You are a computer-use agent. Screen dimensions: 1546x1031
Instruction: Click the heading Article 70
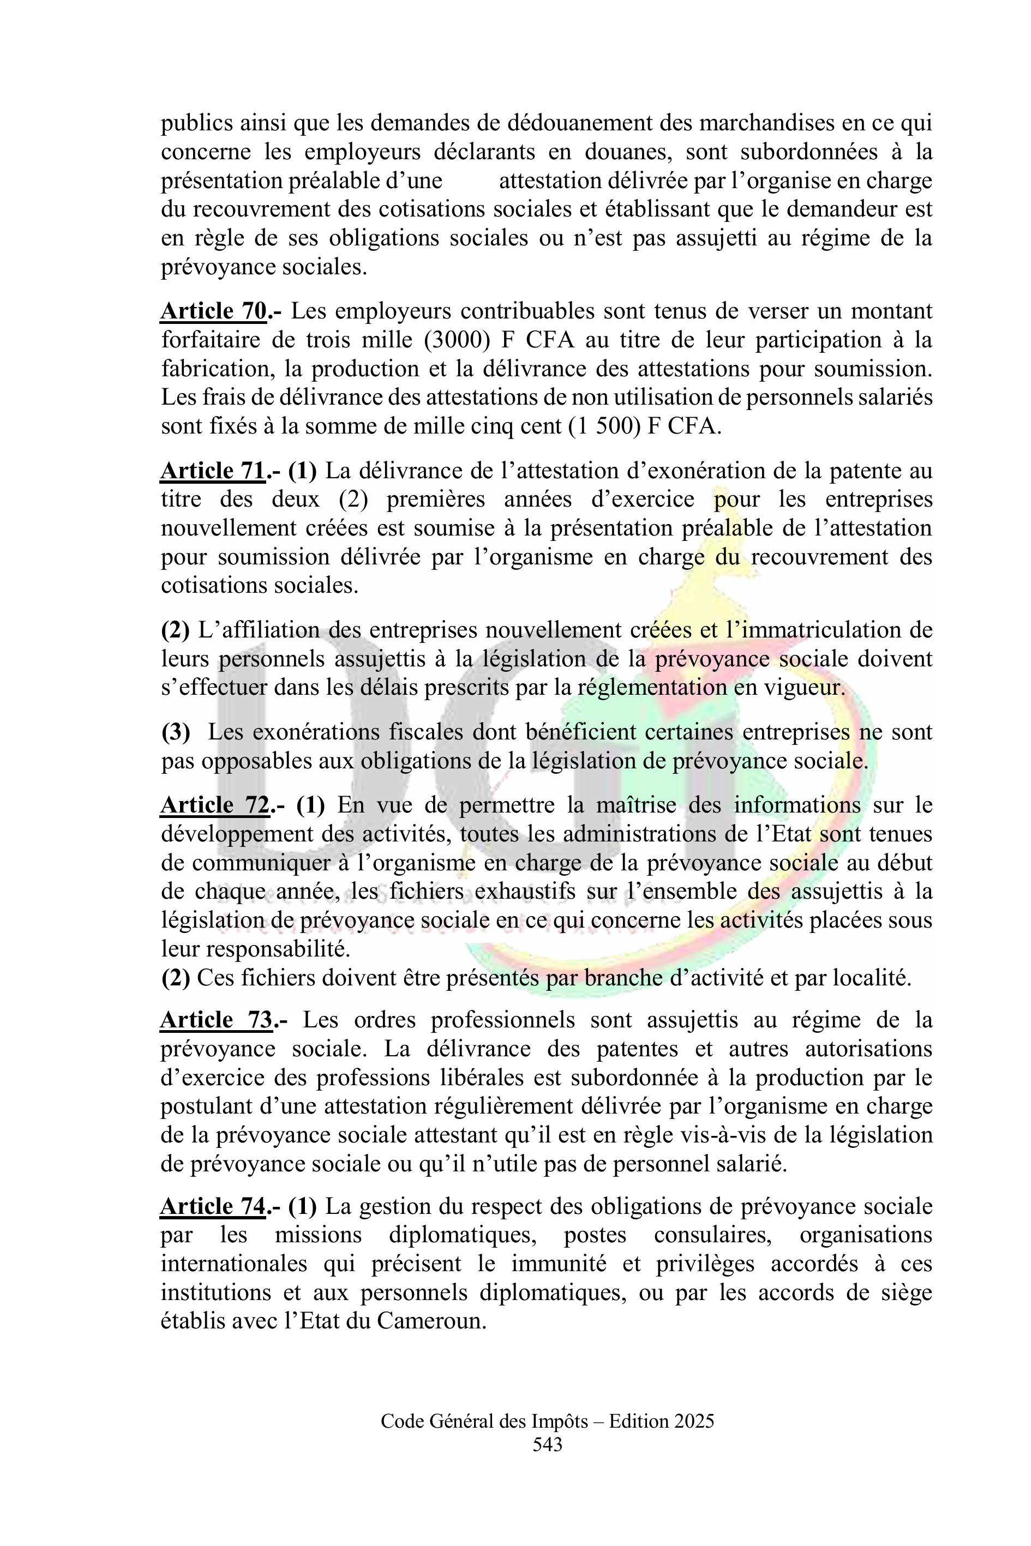point(214,311)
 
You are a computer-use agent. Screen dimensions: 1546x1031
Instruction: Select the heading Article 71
point(214,471)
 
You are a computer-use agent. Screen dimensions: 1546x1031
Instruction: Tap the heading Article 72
point(215,805)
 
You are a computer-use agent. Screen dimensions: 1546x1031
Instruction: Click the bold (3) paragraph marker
point(176,732)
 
